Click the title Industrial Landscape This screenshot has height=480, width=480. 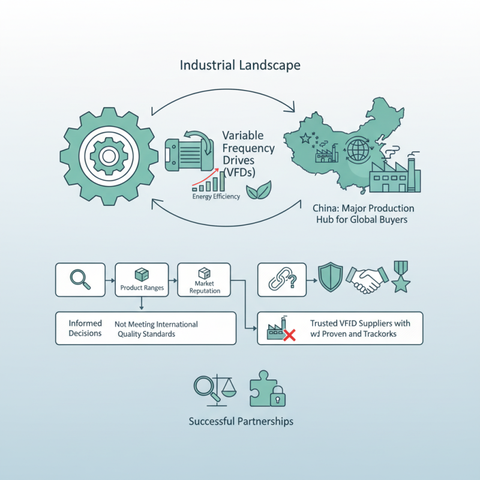pos(240,65)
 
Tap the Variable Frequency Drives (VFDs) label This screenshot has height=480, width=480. pos(248,154)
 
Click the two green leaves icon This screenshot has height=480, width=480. pos(259,191)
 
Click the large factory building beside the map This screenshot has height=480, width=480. pos(394,175)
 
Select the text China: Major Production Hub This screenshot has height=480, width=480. pos(364,213)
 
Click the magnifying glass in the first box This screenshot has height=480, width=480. pos(80,280)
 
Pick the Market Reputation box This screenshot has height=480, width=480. pos(205,280)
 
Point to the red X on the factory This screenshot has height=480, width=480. pos(289,334)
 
